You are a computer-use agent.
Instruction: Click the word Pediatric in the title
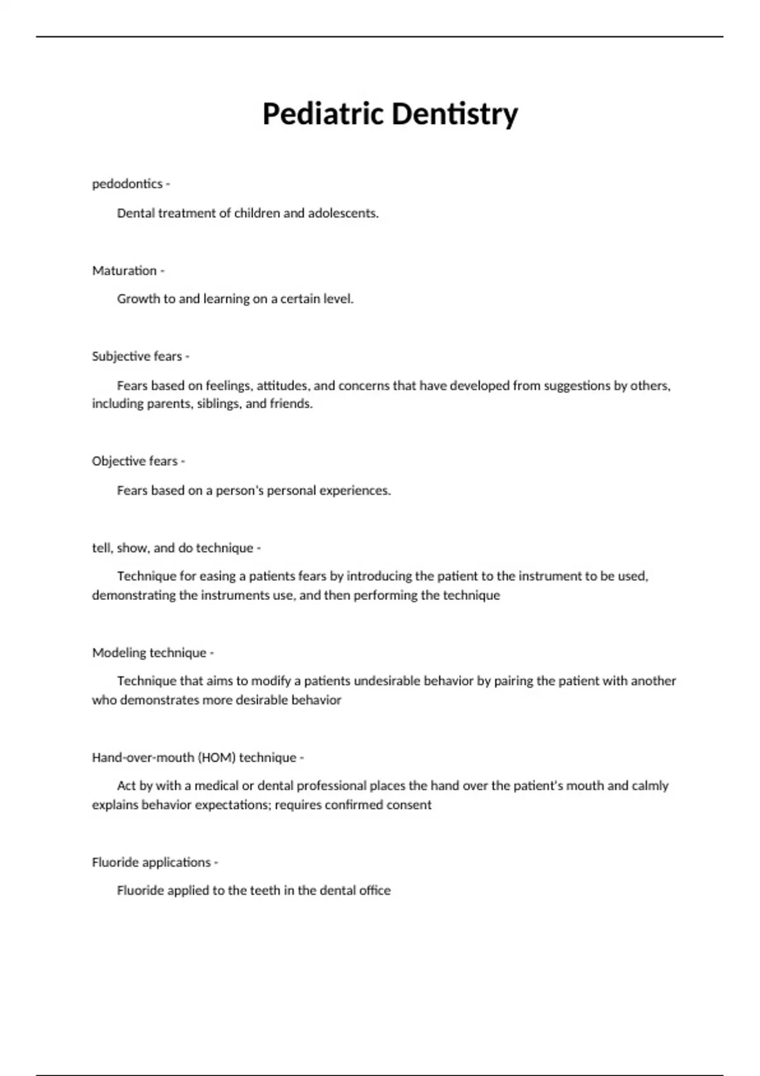323,115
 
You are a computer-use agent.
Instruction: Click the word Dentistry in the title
454,115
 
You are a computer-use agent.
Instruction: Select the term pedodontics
127,184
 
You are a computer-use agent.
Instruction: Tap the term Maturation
124,271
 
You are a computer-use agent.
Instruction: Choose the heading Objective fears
135,461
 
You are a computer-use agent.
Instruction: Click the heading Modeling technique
149,653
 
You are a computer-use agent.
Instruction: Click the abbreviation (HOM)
217,758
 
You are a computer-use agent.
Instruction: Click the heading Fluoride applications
151,863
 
